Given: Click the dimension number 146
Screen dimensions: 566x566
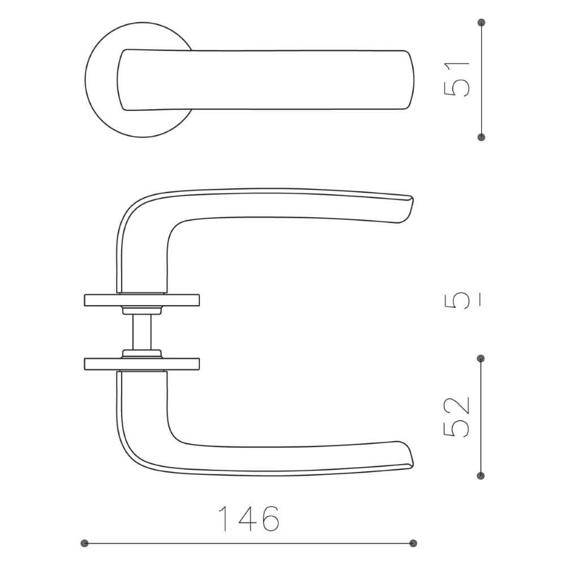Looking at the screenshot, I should click(248, 518).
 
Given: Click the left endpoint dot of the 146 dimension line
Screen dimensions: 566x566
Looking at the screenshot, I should click(85, 543).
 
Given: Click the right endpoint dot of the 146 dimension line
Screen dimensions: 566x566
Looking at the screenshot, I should click(413, 543).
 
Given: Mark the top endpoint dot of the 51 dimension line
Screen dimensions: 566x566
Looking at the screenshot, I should click(481, 23).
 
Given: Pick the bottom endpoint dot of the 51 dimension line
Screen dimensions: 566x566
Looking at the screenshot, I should click(481, 137).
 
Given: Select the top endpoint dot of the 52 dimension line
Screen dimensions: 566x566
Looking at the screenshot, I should click(481, 358).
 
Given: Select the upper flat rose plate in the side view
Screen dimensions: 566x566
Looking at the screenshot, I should click(141, 300).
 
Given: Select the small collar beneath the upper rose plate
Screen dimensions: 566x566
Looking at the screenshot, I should click(141, 310).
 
